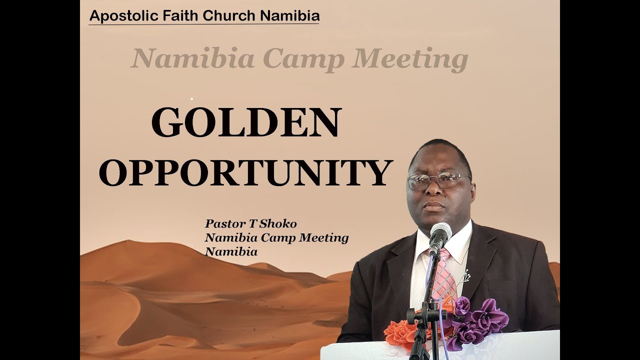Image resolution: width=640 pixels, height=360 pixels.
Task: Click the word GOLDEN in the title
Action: (x=246, y=122)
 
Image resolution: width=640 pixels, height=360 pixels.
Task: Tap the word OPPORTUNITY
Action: (x=245, y=172)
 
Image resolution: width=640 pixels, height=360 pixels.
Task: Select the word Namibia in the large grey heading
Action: (x=193, y=59)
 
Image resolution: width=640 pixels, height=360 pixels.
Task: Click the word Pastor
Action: (x=222, y=223)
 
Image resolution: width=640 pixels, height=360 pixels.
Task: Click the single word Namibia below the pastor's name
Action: (x=231, y=252)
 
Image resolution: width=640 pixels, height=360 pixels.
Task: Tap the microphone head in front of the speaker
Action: (x=440, y=235)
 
